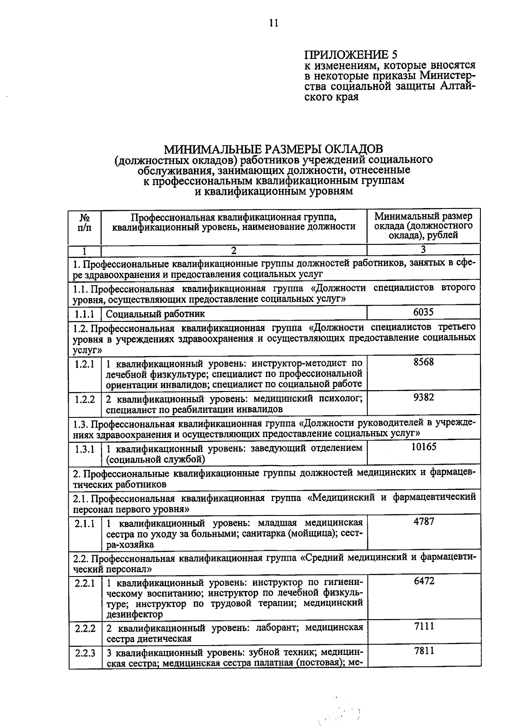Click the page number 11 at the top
273,23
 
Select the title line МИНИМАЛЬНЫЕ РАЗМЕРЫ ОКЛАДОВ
273,149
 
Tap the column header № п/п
84,222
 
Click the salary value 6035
423,312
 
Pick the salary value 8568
423,362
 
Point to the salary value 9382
423,397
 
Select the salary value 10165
423,447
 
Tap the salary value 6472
424,581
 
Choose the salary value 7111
424,626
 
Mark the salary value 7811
424,651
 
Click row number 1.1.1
84,314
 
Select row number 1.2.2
84,399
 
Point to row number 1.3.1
84,449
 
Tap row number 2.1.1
84,523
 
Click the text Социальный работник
155,314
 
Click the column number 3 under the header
423,249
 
